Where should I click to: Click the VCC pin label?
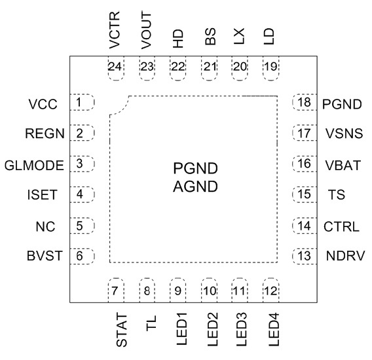pyautogui.click(x=43, y=104)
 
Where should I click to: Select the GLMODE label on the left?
pyautogui.click(x=34, y=166)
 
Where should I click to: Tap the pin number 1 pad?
pyautogui.click(x=82, y=102)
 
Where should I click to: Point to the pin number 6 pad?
pyautogui.click(x=82, y=256)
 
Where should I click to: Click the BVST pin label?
pyautogui.click(x=45, y=256)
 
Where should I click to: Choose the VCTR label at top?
pyautogui.click(x=115, y=30)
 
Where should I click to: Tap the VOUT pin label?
pyautogui.click(x=145, y=31)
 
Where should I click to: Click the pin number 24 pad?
pyautogui.click(x=116, y=69)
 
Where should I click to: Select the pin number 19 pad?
pyautogui.click(x=271, y=69)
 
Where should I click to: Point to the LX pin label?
pyautogui.click(x=239, y=36)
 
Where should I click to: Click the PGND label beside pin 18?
pyautogui.click(x=342, y=104)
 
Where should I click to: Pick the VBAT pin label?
pyautogui.click(x=343, y=166)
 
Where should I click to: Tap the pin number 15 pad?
pyautogui.click(x=305, y=194)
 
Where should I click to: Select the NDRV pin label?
pyautogui.click(x=345, y=256)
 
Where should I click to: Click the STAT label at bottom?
pyautogui.click(x=122, y=330)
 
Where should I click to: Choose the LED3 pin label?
pyautogui.click(x=242, y=329)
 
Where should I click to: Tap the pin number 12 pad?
pyautogui.click(x=271, y=290)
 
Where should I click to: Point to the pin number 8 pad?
pyautogui.click(x=147, y=290)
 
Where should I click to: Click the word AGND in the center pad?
pyautogui.click(x=195, y=187)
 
